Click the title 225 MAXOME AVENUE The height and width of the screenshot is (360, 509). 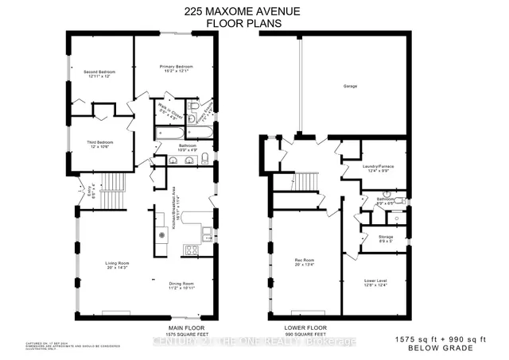pyautogui.click(x=254, y=10)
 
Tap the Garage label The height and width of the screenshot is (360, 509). pyautogui.click(x=349, y=85)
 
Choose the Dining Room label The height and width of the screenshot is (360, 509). pyautogui.click(x=181, y=285)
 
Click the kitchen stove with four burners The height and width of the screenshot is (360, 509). pyautogui.click(x=191, y=250)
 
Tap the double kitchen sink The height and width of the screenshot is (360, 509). pyautogui.click(x=206, y=233)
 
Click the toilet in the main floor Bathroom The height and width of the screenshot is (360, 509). pyautogui.click(x=204, y=155)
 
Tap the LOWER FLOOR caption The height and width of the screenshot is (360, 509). pyautogui.click(x=306, y=327)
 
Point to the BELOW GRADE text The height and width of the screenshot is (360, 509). pyautogui.click(x=453, y=347)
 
